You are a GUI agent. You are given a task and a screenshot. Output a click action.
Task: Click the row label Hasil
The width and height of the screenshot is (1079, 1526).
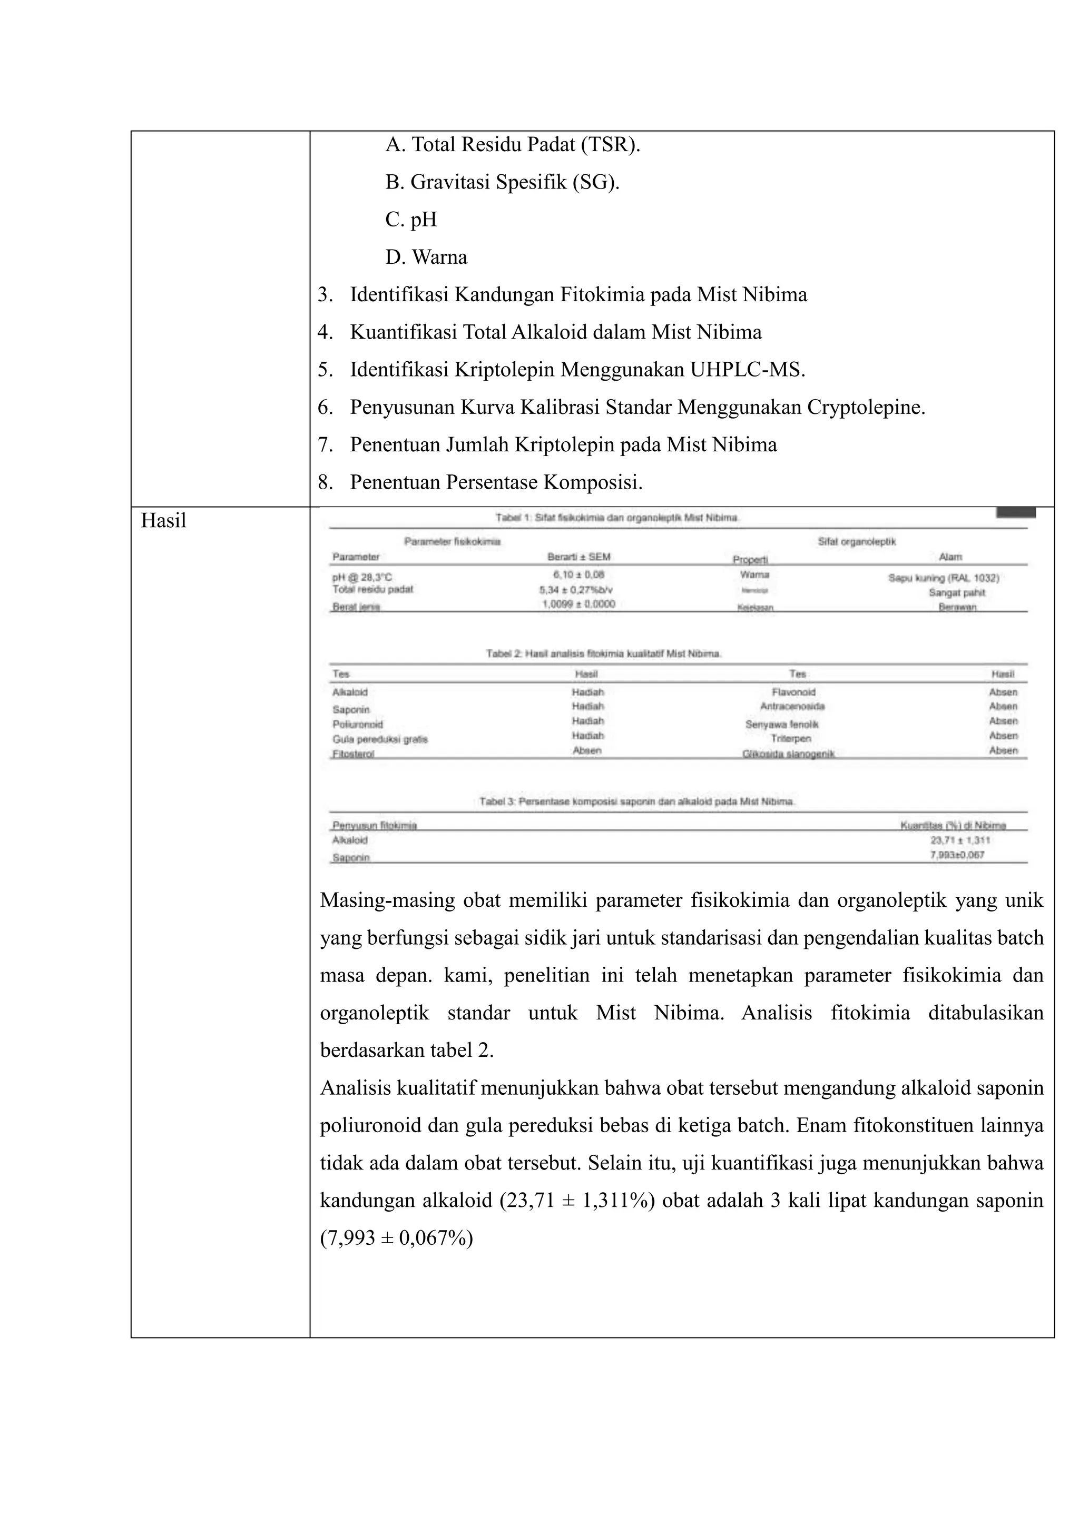click(x=163, y=521)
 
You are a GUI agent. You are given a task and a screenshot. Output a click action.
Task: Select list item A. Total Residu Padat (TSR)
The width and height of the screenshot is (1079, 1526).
click(x=513, y=144)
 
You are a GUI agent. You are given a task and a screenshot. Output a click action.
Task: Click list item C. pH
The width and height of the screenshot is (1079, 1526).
click(x=411, y=220)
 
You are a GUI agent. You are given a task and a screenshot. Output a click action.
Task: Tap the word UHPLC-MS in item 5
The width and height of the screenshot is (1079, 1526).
click(x=747, y=370)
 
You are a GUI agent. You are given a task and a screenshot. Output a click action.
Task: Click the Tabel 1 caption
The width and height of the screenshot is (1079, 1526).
click(x=617, y=518)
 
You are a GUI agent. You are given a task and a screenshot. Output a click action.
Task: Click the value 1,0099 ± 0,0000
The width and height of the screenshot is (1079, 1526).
click(x=578, y=604)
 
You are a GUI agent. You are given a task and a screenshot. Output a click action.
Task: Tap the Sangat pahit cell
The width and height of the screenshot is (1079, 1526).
click(x=957, y=593)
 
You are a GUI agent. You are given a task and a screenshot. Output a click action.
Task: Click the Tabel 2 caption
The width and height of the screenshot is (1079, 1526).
click(x=604, y=654)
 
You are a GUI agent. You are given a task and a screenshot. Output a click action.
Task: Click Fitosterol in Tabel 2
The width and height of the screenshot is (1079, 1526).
click(x=354, y=754)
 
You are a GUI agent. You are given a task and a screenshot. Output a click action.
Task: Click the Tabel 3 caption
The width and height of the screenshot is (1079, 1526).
click(x=637, y=801)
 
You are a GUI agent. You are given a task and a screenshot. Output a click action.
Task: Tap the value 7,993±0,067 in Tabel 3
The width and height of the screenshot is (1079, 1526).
click(x=957, y=855)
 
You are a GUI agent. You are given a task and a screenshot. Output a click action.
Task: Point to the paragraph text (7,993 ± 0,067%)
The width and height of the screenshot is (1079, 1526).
click(x=396, y=1238)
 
